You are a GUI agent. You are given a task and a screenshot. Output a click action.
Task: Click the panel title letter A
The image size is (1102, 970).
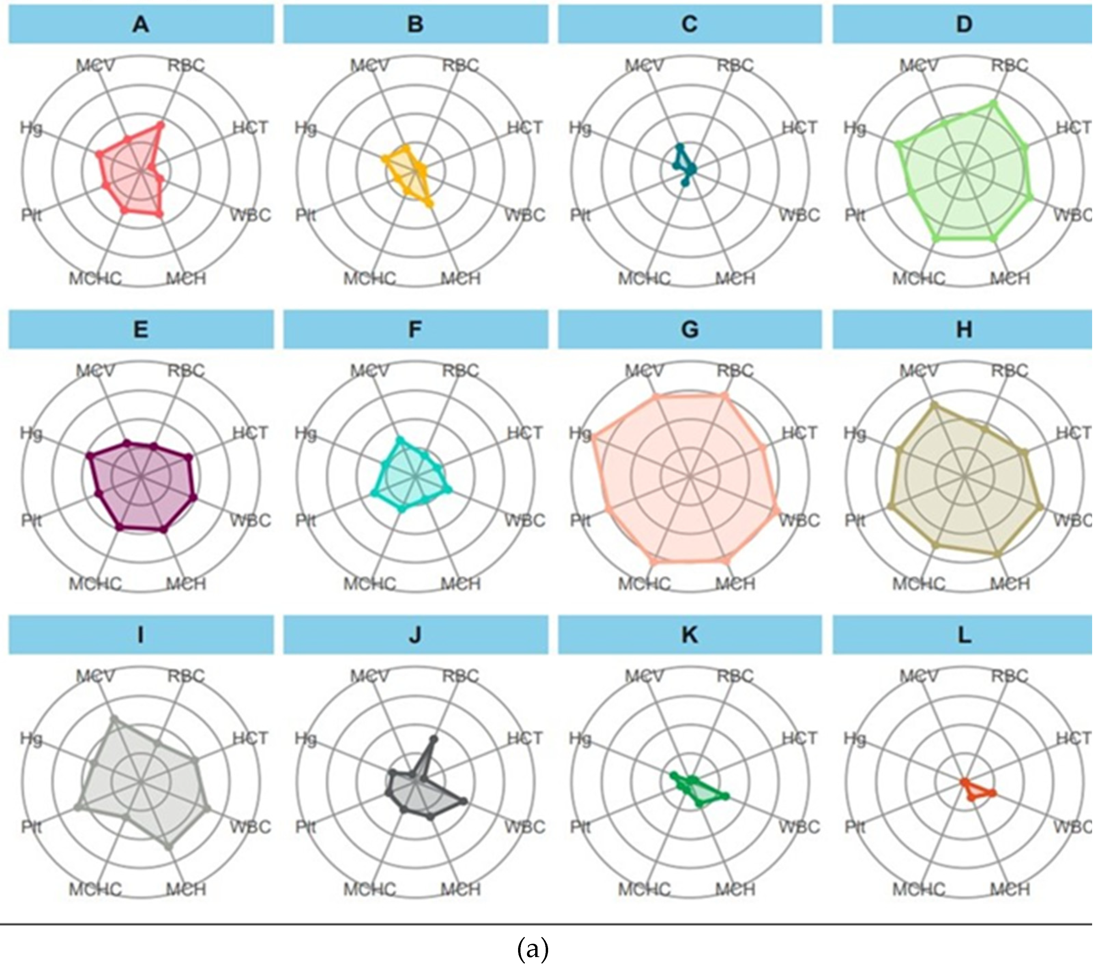pos(141,24)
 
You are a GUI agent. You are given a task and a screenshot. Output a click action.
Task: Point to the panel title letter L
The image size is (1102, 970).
pos(965,635)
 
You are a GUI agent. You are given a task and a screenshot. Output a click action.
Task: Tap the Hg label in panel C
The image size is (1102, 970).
pos(580,128)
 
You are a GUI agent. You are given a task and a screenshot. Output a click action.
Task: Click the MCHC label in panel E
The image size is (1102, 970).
pos(95,583)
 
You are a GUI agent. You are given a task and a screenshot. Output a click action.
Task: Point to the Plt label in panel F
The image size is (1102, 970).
pos(306,520)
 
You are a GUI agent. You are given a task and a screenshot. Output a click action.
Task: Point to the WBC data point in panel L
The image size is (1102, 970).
pos(993,793)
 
